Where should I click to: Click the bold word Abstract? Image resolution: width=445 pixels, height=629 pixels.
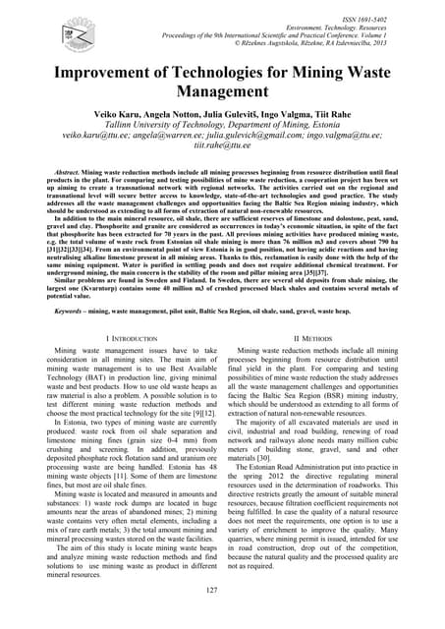tap(60, 172)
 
